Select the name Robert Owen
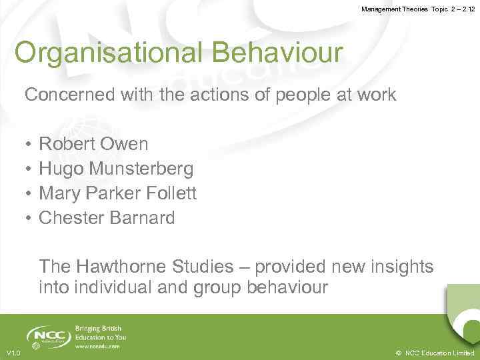(93, 144)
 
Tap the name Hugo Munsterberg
(116, 169)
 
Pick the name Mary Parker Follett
(117, 193)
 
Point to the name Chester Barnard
(107, 218)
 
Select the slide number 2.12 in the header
(463, 9)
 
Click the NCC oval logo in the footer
(49, 335)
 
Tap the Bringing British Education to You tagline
(100, 333)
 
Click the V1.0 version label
(13, 353)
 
